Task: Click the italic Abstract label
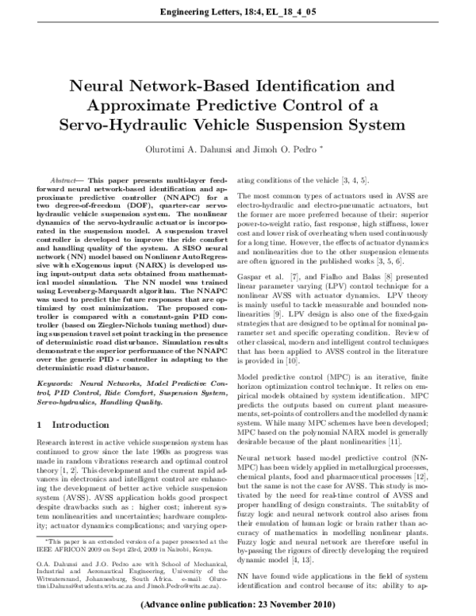point(62,181)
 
